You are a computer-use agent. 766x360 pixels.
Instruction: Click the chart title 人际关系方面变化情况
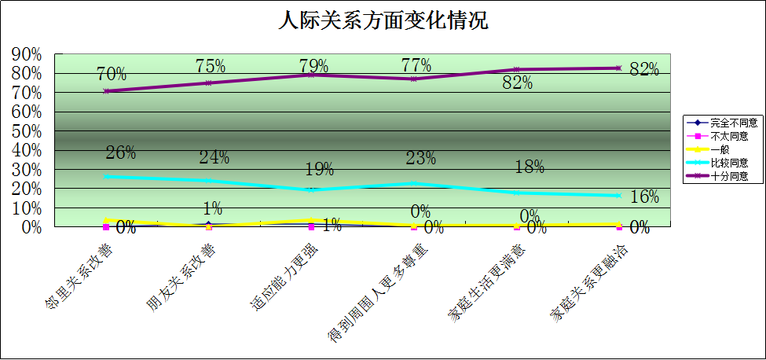click(x=383, y=20)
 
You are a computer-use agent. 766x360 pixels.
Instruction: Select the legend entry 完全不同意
click(x=733, y=123)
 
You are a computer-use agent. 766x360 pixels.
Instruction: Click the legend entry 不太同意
click(x=728, y=136)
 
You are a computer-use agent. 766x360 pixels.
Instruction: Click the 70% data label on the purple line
click(x=112, y=75)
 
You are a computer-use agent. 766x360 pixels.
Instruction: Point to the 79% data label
click(x=313, y=64)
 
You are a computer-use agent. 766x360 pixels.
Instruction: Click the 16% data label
click(x=644, y=197)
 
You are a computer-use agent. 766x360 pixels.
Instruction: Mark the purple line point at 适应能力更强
click(x=312, y=75)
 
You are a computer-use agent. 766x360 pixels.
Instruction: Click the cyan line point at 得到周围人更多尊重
click(x=414, y=183)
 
